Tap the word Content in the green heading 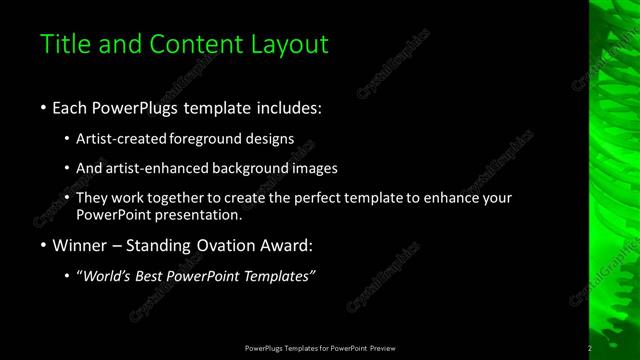[191, 44]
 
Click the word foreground [213, 140]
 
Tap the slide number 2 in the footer [590, 348]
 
